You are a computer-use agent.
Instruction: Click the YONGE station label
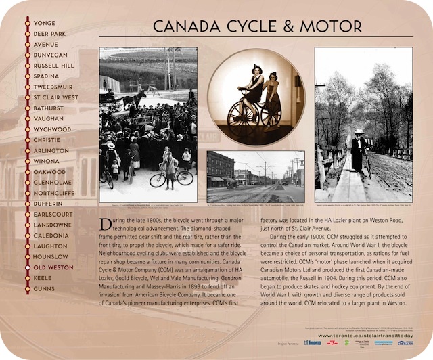[x=45, y=23]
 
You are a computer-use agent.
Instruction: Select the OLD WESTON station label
[x=54, y=267]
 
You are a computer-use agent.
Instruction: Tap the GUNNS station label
[x=45, y=289]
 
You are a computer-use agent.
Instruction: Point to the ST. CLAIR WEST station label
[x=55, y=97]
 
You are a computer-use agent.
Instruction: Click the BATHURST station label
[x=50, y=108]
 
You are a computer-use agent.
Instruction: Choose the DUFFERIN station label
[x=49, y=204]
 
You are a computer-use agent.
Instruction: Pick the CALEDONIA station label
[x=51, y=235]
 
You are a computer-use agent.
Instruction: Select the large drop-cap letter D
[x=106, y=225]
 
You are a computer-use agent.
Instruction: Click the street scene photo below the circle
[x=255, y=177]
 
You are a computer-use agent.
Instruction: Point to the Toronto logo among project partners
[x=312, y=343]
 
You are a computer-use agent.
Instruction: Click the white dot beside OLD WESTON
[x=27, y=267]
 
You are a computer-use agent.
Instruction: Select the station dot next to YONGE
[x=27, y=23]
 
